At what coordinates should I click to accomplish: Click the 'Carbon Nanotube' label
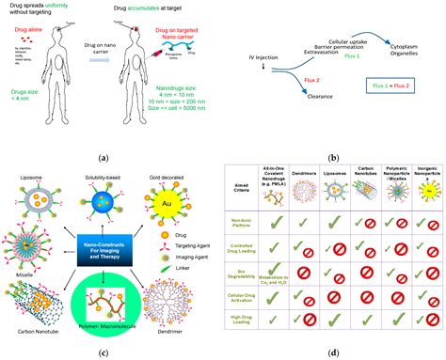click(x=33, y=331)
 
